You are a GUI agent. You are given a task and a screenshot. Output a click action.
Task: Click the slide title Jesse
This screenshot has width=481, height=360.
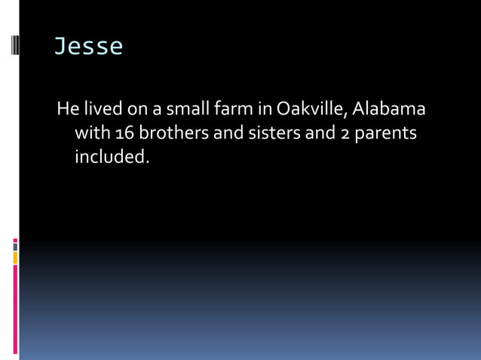click(87, 47)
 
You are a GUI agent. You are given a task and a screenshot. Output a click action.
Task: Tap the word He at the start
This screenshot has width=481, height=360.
click(68, 109)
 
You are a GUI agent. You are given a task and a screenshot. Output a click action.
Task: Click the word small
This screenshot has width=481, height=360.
click(176, 109)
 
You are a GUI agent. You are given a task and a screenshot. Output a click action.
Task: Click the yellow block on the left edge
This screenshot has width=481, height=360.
click(15, 258)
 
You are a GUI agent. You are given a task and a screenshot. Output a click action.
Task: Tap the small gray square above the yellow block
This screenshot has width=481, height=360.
click(15, 247)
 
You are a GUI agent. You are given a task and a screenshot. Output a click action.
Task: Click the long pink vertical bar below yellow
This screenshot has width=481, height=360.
click(15, 309)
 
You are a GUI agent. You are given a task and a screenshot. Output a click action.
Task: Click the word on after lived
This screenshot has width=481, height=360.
click(136, 110)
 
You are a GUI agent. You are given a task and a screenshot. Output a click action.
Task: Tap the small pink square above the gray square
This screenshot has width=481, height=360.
click(15, 241)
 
